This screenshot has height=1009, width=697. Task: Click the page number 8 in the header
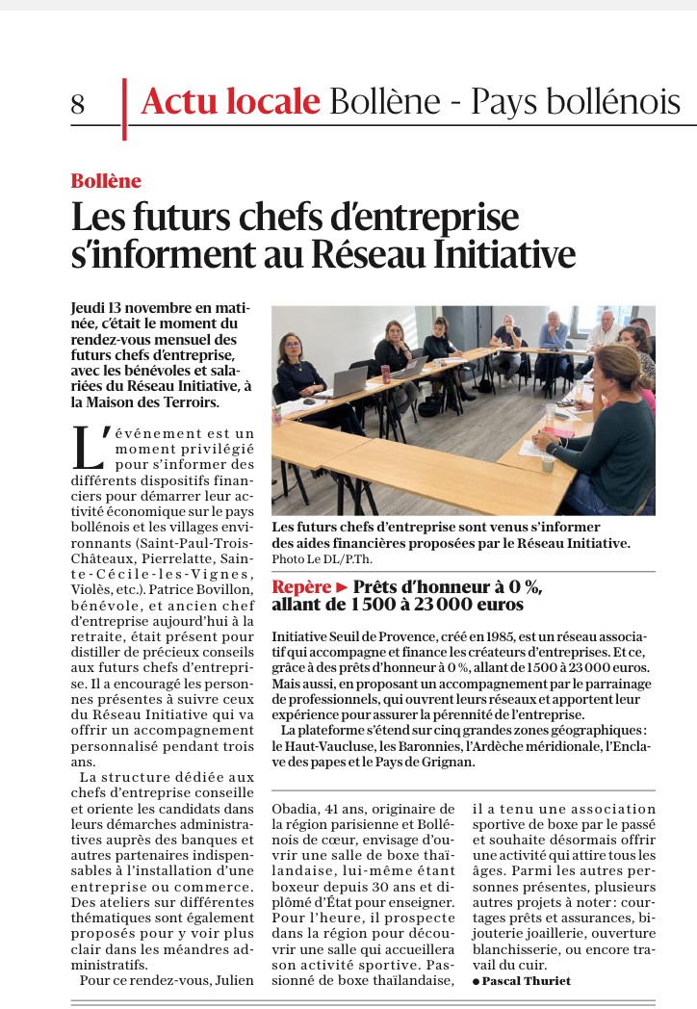(x=78, y=104)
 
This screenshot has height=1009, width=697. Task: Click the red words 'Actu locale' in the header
(x=230, y=100)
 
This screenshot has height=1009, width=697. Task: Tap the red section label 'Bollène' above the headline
(x=106, y=181)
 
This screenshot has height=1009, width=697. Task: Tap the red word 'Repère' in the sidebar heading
(x=301, y=586)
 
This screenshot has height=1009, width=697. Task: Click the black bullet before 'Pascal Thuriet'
(x=476, y=981)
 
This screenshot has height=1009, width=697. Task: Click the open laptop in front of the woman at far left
(x=344, y=382)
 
